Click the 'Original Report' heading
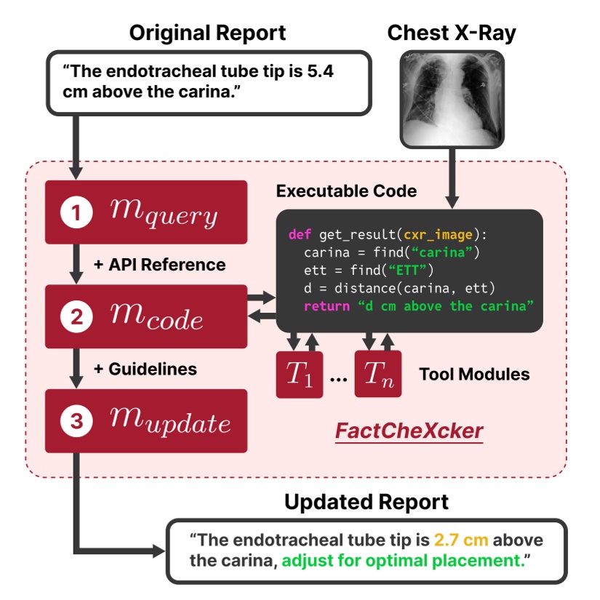207,33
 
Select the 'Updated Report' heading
366,502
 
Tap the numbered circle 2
75,318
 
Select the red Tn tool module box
378,374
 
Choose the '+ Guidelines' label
145,369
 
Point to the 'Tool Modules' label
474,375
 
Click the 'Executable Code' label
346,191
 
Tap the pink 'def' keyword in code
299,234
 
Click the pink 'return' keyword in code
326,305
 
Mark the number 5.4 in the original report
320,75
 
